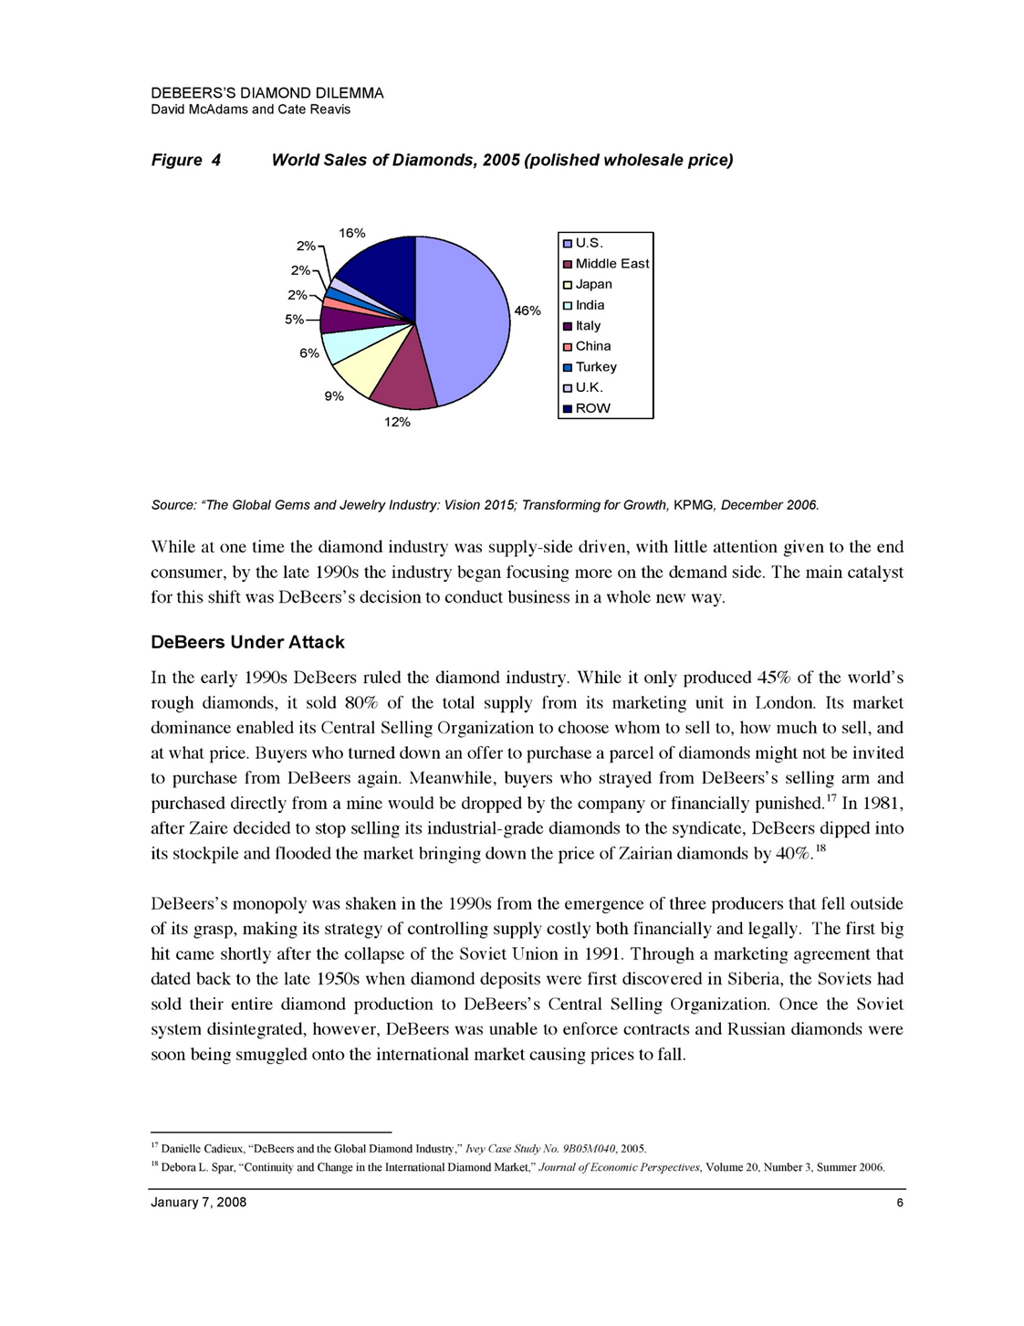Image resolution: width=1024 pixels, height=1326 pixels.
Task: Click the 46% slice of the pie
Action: point(465,320)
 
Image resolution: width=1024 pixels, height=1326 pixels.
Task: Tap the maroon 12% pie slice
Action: point(402,379)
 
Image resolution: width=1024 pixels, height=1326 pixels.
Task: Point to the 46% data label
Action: point(528,310)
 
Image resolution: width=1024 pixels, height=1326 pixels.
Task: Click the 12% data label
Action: point(397,423)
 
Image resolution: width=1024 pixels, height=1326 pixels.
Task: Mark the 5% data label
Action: point(294,320)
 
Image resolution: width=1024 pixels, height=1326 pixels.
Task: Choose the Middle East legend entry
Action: point(611,264)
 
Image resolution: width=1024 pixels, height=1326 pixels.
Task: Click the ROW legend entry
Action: point(592,408)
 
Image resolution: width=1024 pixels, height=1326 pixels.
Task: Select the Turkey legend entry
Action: point(596,367)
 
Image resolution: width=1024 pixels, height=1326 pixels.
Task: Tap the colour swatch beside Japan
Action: point(567,285)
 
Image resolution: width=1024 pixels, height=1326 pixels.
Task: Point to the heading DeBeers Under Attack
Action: point(247,642)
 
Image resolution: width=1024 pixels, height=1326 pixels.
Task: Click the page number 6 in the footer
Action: point(900,1203)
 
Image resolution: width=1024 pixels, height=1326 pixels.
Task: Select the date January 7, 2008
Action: point(198,1203)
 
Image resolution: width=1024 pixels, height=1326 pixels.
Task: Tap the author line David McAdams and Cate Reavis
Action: point(250,110)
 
